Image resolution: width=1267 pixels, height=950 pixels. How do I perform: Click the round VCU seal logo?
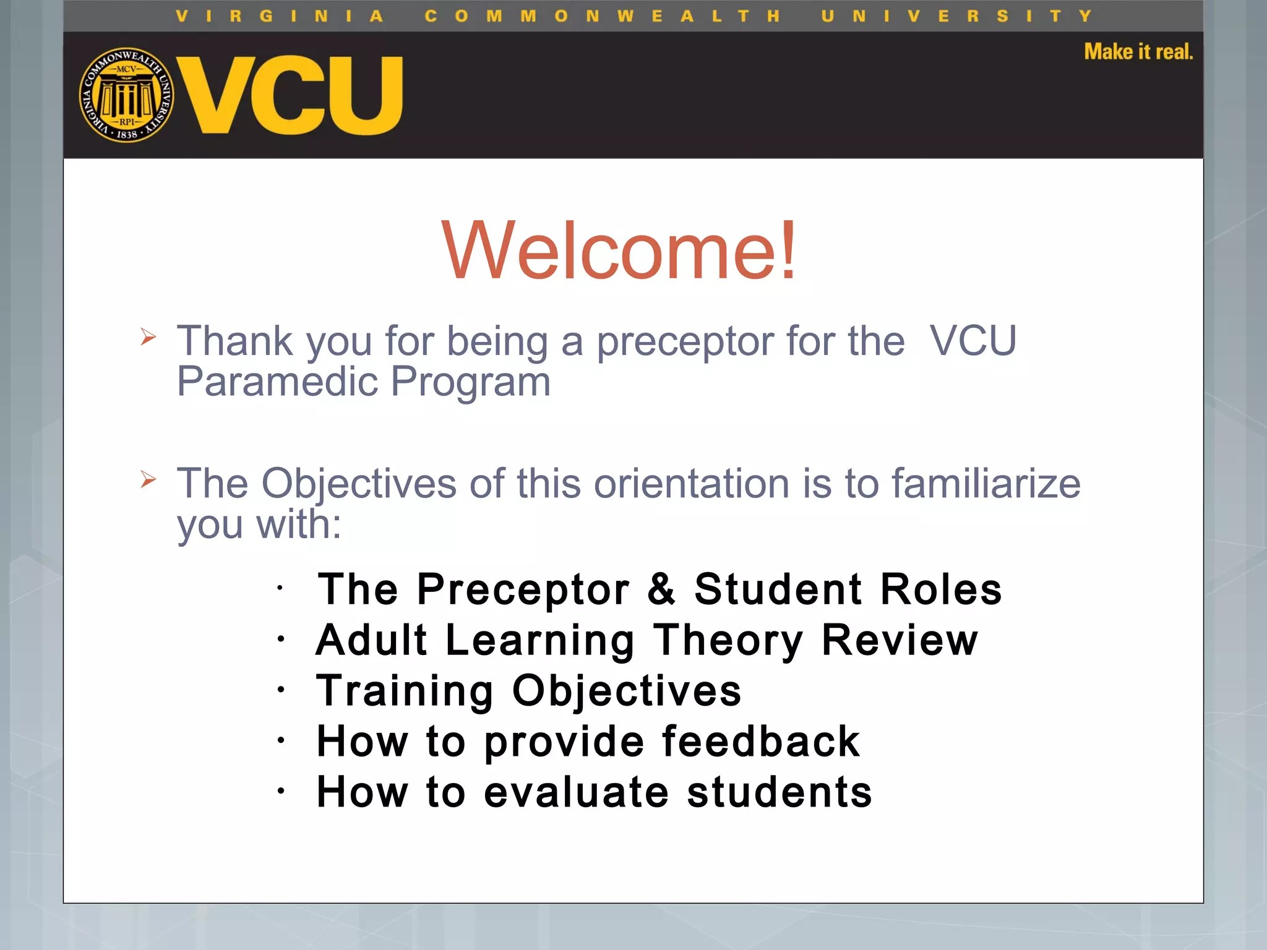click(127, 95)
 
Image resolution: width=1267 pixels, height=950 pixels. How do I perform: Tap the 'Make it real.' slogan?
click(1138, 52)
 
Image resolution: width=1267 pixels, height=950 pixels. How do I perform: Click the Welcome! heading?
click(619, 250)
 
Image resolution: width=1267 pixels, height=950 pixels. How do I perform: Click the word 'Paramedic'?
click(277, 382)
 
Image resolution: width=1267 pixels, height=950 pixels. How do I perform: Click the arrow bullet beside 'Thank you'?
click(148, 337)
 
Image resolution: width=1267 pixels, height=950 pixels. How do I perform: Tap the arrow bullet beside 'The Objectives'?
click(148, 479)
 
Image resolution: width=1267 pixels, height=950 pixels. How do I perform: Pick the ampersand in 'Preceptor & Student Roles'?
click(661, 589)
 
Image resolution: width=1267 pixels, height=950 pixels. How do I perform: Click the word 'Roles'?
click(940, 589)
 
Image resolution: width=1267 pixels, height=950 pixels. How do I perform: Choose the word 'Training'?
click(405, 691)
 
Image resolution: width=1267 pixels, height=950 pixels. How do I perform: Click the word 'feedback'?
click(761, 741)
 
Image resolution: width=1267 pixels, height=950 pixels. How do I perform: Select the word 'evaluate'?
click(576, 792)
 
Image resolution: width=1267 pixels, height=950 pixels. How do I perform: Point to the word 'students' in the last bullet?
click(780, 792)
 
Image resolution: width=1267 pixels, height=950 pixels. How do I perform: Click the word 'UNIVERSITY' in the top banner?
click(956, 16)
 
